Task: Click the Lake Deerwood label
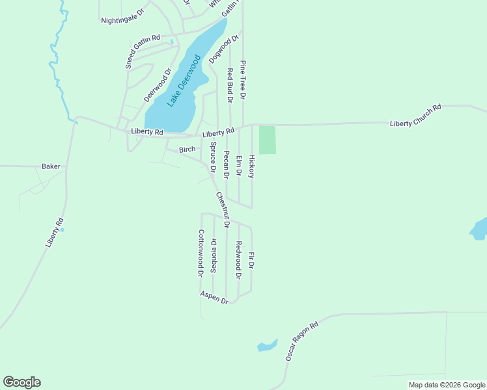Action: [184, 81]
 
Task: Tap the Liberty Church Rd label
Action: [415, 115]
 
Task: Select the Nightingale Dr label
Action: [122, 19]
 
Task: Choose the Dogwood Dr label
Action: [220, 49]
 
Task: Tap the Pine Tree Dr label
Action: [242, 80]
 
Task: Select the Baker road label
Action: [51, 166]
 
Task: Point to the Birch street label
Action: [187, 149]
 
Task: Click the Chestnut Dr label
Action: [223, 209]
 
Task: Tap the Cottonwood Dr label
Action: [201, 253]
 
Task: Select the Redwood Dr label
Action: [238, 260]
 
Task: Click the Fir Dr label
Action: [251, 261]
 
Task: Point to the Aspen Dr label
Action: [214, 297]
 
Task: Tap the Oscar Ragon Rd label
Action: [301, 341]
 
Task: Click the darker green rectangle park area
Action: [268, 140]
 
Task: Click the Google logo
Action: [21, 382]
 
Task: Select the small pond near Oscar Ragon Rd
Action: [267, 345]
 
